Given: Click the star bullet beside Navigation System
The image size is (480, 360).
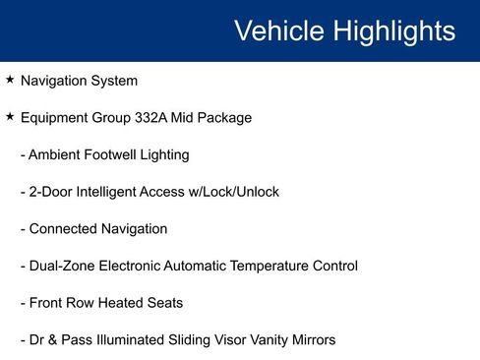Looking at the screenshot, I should tap(10, 80).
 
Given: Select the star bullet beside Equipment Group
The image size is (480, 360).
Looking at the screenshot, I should tap(10, 117).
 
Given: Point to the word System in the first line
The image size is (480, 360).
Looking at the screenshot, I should tap(114, 81).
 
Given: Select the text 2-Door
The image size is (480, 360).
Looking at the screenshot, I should tap(51, 192).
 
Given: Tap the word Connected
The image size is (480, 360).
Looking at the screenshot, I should tap(63, 229).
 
